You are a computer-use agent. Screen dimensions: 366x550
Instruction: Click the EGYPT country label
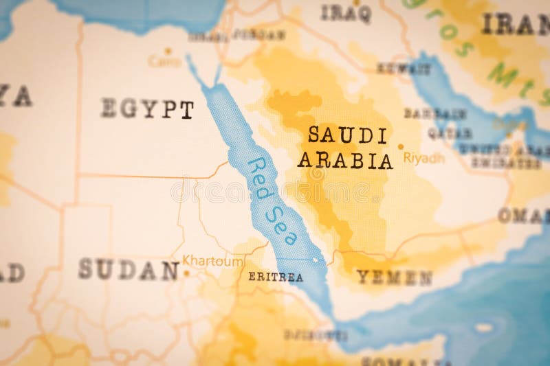coord(147,108)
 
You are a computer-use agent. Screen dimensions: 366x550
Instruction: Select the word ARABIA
coord(345,161)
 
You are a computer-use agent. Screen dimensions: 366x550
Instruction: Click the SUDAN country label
coord(129,270)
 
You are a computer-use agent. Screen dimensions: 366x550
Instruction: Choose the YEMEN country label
coord(394,277)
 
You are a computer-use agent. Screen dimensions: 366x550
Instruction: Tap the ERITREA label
coord(276,277)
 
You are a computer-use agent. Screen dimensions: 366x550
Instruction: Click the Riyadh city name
coord(424,158)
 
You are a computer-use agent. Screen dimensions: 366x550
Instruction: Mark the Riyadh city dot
coord(401,146)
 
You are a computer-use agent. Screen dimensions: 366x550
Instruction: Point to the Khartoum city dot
coord(186,273)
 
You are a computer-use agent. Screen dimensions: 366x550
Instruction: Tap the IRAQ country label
coord(346,13)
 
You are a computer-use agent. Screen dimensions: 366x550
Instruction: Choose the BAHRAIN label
coord(435,113)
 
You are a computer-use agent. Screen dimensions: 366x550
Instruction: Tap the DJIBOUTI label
coord(316,335)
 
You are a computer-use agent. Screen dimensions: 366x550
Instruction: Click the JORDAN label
coord(258,34)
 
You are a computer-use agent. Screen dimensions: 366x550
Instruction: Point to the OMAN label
coord(523,216)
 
